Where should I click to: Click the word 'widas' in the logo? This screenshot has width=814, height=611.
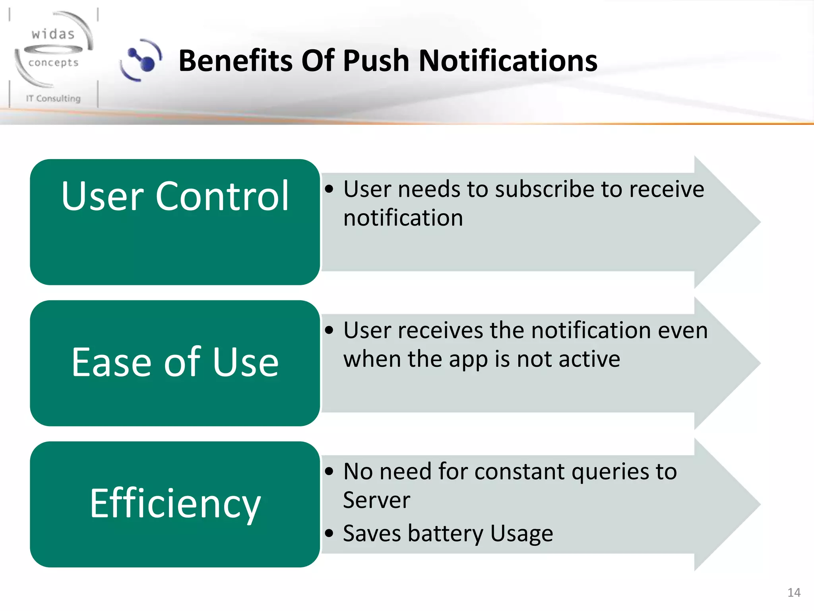(53, 35)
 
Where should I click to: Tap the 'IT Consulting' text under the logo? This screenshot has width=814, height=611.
(53, 98)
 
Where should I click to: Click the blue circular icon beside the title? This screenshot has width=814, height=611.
(142, 61)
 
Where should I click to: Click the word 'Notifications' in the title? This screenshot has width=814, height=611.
(508, 61)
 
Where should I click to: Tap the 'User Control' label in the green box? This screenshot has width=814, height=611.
(175, 196)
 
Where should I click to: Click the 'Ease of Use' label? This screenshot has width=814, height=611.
(175, 362)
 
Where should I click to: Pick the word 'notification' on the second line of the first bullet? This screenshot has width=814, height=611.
(403, 218)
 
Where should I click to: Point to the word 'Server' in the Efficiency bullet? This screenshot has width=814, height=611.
(376, 500)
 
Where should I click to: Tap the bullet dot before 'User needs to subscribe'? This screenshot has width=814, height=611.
(329, 189)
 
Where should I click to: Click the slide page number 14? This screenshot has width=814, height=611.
(793, 593)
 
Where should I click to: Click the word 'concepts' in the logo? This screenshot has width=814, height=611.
(53, 63)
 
